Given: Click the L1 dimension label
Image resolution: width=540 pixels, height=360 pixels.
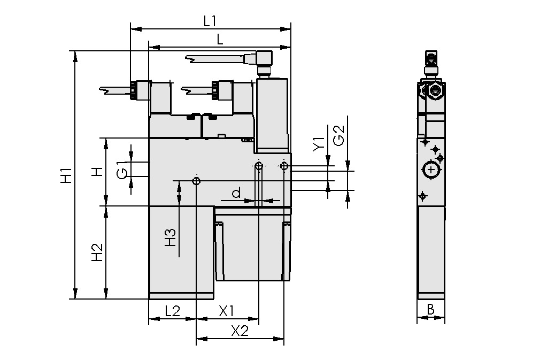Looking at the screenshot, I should pos(210,21).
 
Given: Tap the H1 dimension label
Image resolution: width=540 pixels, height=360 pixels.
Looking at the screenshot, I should pos(65,176).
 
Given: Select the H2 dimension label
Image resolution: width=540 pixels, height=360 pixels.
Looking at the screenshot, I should pos(97,252).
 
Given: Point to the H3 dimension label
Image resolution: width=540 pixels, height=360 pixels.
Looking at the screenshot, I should pos(169,237).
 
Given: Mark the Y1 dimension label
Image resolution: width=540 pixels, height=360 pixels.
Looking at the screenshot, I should pos(318,144).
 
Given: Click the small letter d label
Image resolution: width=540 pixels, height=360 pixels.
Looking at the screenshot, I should pos(236,192).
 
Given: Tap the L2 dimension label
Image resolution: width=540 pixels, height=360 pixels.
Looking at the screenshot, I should pos(172,311).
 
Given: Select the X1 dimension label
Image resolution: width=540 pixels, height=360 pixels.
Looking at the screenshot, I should pos(227,311).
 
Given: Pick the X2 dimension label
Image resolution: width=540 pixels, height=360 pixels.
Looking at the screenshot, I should pos(240,331).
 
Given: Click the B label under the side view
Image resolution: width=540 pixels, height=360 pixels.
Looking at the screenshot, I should pos(430,310).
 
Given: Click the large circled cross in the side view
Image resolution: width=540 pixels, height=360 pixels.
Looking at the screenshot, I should pos(431,170).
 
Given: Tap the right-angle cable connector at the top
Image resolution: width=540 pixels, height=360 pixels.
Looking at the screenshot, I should pos(264,58).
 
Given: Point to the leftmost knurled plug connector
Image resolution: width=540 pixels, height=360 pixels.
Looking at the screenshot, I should pos(135,89).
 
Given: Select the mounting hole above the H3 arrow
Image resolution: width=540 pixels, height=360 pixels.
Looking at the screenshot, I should pos(197,181).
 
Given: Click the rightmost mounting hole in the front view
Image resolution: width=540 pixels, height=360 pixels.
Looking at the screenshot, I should pos(283,166).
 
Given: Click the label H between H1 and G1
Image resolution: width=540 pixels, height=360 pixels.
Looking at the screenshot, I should pos(97,172).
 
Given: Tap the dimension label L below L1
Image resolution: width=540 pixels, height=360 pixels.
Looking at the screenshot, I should pos(220,39).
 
